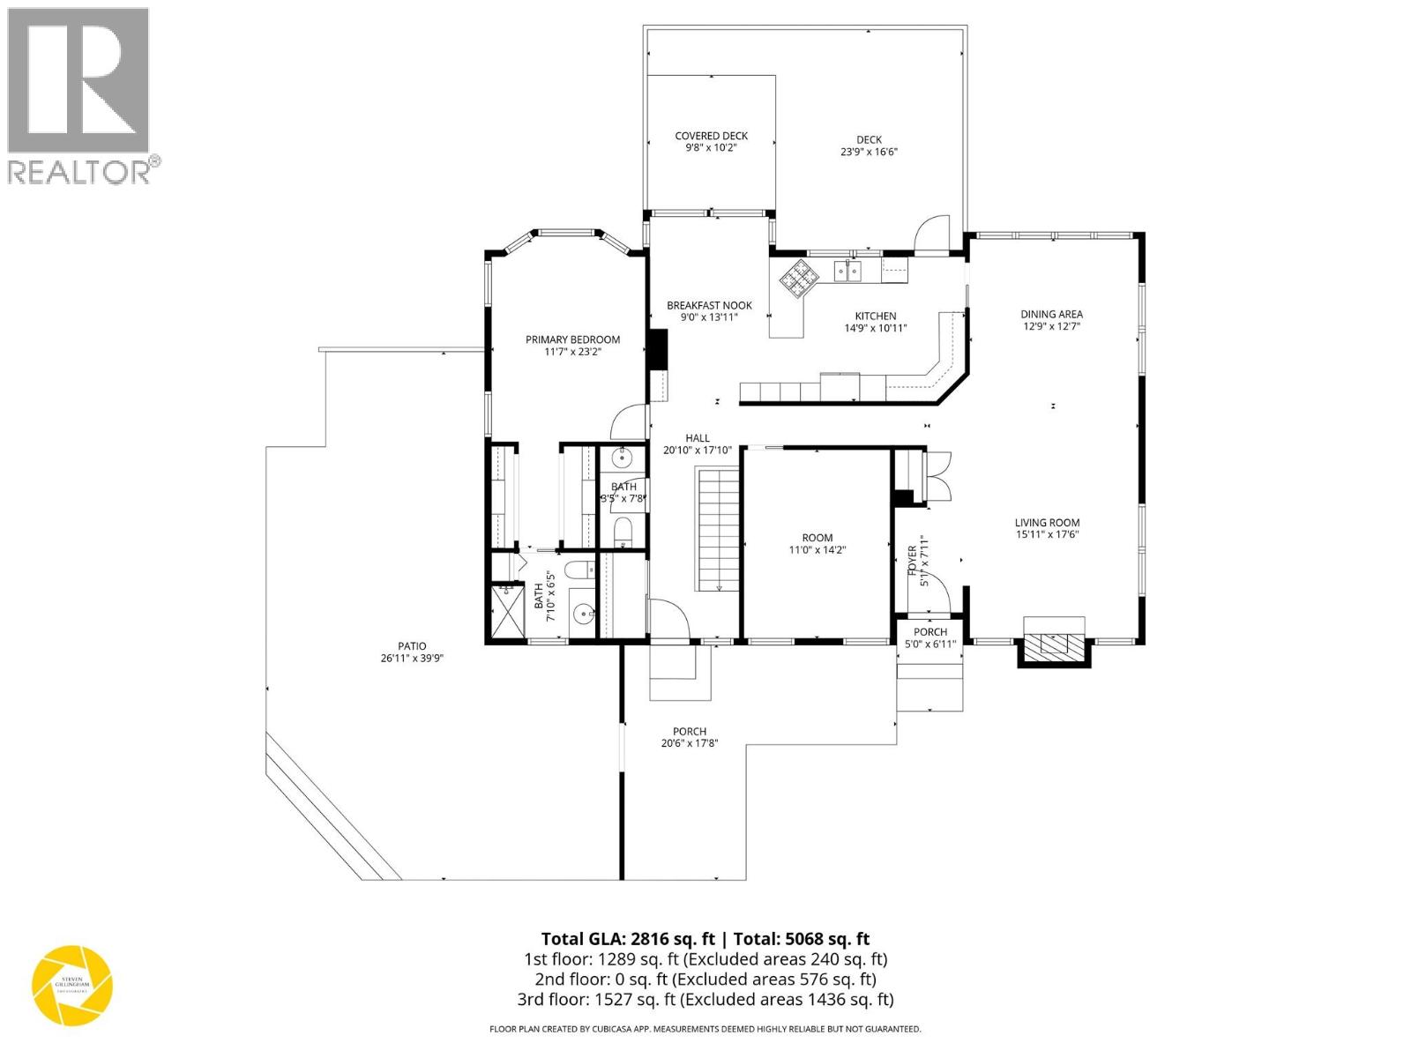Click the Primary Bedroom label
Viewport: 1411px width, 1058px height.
click(x=572, y=339)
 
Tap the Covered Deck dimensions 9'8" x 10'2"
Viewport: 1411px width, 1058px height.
click(x=711, y=148)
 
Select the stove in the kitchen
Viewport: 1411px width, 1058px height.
click(x=799, y=278)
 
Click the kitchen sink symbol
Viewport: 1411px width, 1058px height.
click(x=848, y=271)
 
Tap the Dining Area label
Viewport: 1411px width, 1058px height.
click(x=1051, y=314)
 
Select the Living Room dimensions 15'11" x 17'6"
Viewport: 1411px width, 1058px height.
click(x=1047, y=534)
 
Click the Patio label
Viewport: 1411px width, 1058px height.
click(x=411, y=646)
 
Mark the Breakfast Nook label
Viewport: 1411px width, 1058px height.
click(x=709, y=305)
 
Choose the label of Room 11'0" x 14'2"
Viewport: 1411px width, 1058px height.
click(x=817, y=538)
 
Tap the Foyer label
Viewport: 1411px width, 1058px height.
click(x=913, y=561)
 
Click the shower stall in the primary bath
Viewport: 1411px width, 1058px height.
click(x=505, y=611)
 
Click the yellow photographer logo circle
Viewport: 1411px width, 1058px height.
click(x=72, y=986)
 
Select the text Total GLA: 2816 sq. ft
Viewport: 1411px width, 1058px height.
click(x=628, y=939)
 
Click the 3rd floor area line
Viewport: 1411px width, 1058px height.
click(x=705, y=999)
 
